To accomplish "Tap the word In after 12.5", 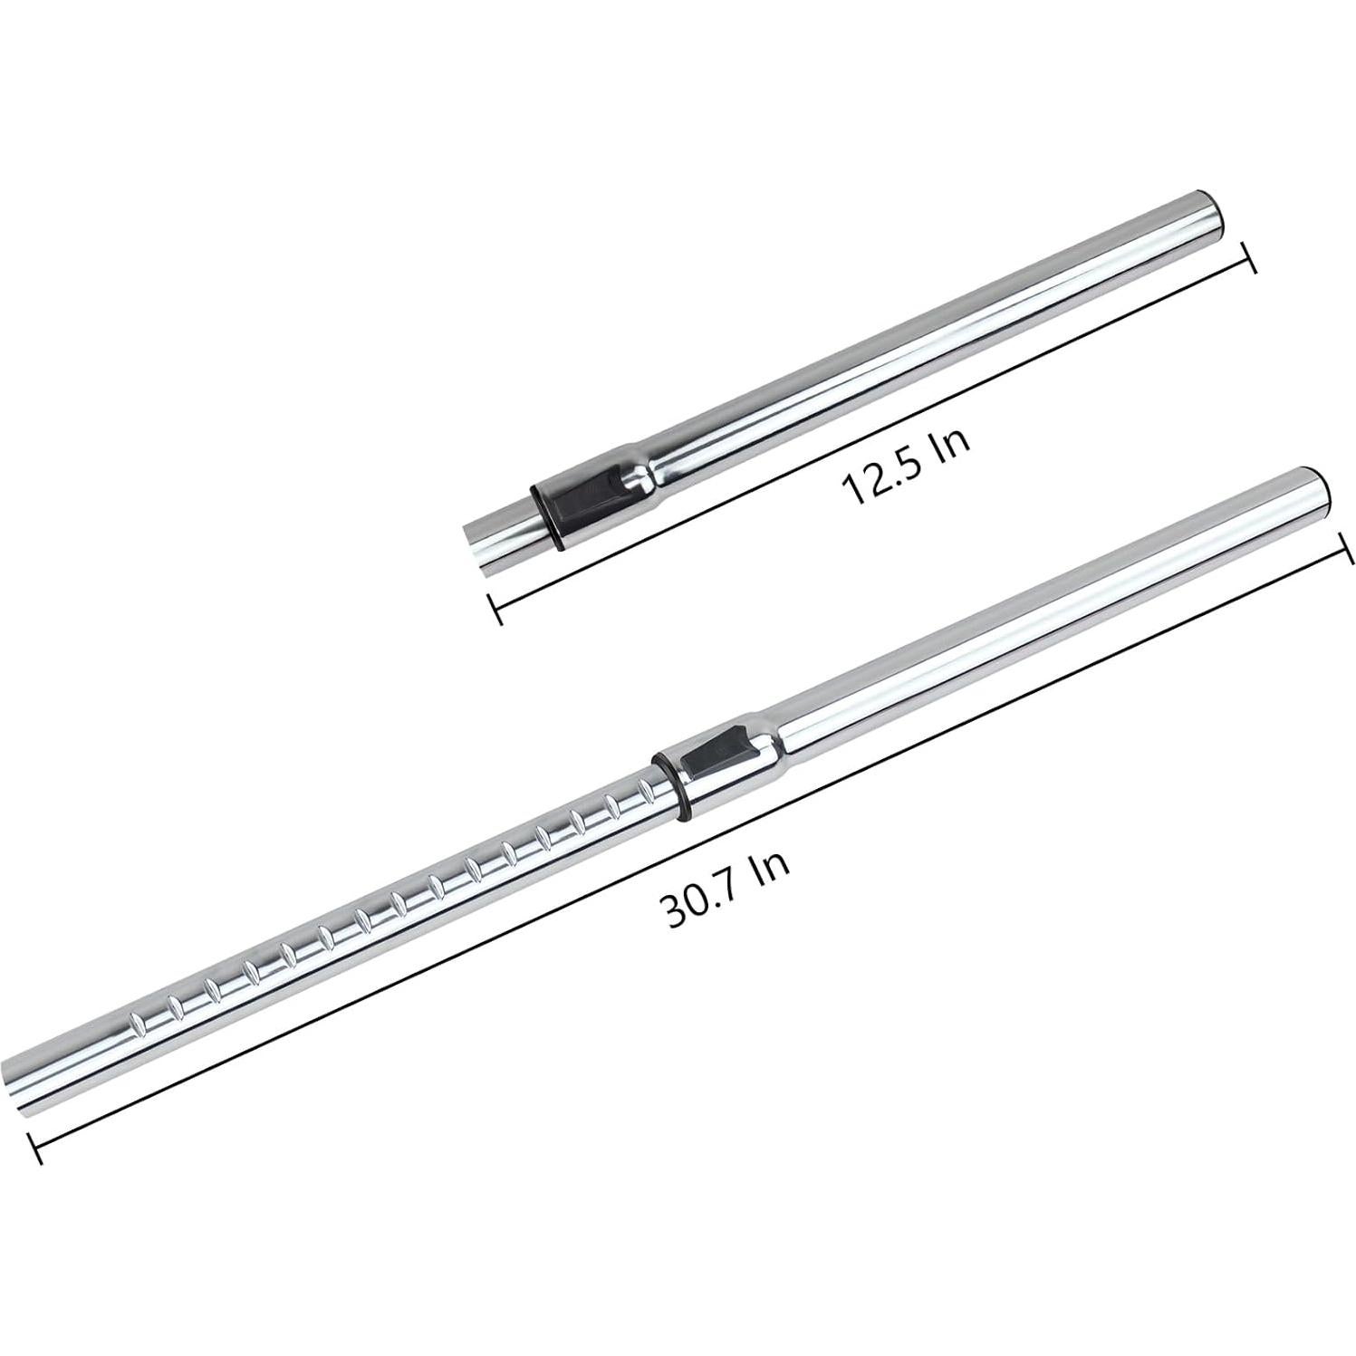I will click(x=952, y=441).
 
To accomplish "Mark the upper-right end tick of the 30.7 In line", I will click(x=1347, y=548).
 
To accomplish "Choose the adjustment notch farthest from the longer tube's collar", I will click(x=137, y=1024).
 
